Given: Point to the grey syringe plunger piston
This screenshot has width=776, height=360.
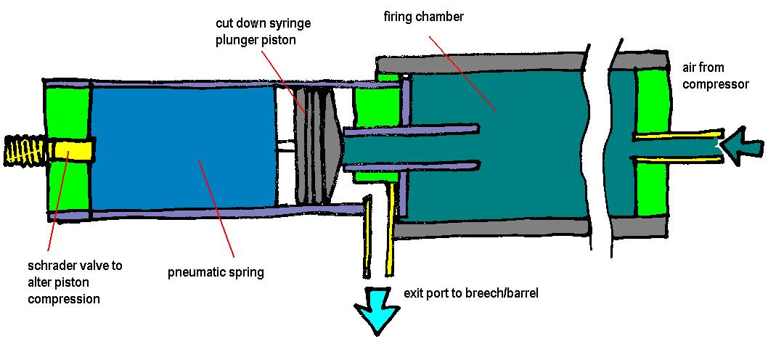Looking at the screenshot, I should [x=319, y=145].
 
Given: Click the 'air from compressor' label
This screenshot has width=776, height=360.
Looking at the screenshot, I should [x=714, y=76].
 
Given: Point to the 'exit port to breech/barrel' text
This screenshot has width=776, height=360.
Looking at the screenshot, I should [x=470, y=295].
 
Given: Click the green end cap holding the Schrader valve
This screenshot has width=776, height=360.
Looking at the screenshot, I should [x=67, y=181].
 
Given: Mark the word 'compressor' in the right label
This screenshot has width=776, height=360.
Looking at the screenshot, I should [x=714, y=85].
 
